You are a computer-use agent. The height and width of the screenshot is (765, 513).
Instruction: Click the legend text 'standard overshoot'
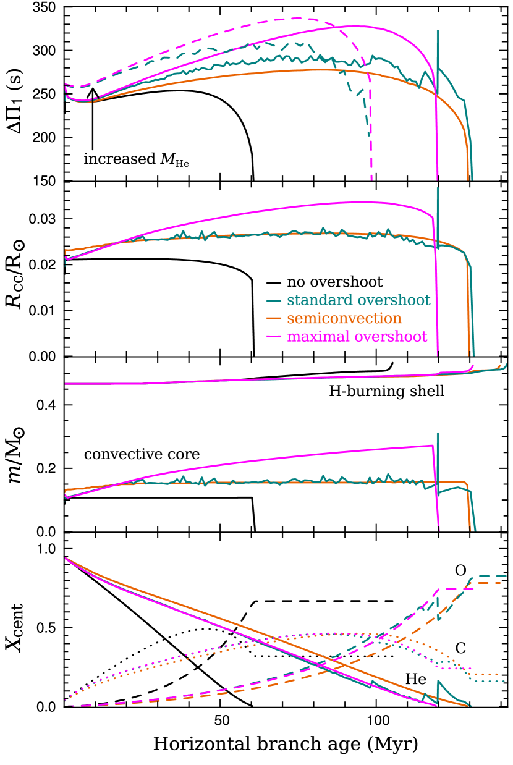pos(358,301)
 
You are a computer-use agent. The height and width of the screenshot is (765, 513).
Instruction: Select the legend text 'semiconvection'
pos(344,319)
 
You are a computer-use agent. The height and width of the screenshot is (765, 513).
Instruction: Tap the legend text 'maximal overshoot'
pos(357,337)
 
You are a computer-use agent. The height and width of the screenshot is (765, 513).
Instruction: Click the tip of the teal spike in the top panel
pos(438,30)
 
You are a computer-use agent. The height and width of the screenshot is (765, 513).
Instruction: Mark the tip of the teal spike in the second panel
pos(438,188)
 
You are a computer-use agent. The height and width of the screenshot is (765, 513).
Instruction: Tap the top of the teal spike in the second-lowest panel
pos(438,433)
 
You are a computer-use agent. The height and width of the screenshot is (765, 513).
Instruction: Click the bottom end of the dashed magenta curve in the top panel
pos(371,180)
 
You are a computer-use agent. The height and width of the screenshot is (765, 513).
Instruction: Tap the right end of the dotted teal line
pos(506,681)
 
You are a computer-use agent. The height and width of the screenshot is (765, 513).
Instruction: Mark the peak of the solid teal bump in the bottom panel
pos(438,682)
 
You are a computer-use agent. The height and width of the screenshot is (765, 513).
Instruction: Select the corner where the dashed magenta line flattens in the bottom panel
pos(438,590)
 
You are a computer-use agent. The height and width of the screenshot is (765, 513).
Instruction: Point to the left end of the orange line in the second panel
pos(66,251)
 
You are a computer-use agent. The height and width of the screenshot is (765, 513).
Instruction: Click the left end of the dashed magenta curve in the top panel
pos(66,85)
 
